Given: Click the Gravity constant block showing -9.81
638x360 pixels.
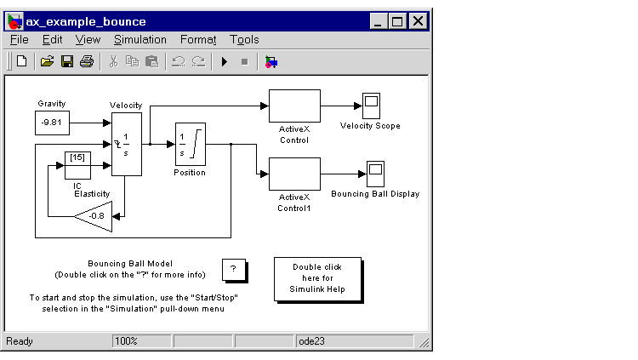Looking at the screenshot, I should click(x=53, y=123).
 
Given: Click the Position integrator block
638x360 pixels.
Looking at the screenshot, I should click(x=191, y=145).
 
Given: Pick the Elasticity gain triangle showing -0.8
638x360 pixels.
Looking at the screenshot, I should click(x=95, y=216).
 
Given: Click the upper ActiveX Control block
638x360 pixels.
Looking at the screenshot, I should click(x=294, y=106).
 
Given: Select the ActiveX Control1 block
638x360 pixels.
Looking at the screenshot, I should click(x=294, y=174).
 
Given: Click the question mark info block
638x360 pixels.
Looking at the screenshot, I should click(x=233, y=269).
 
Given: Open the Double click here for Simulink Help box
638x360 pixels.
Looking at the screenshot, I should click(x=317, y=278).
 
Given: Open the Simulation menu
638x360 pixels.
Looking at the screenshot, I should click(x=140, y=39).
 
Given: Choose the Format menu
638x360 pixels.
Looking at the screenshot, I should click(x=198, y=39).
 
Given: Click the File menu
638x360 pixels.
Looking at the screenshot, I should click(x=19, y=39).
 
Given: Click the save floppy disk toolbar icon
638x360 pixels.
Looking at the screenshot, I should click(x=66, y=61).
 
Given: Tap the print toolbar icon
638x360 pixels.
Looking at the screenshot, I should click(x=86, y=61).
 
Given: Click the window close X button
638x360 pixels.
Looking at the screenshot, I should click(x=419, y=21).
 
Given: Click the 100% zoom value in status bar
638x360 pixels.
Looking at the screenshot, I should click(x=127, y=341).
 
